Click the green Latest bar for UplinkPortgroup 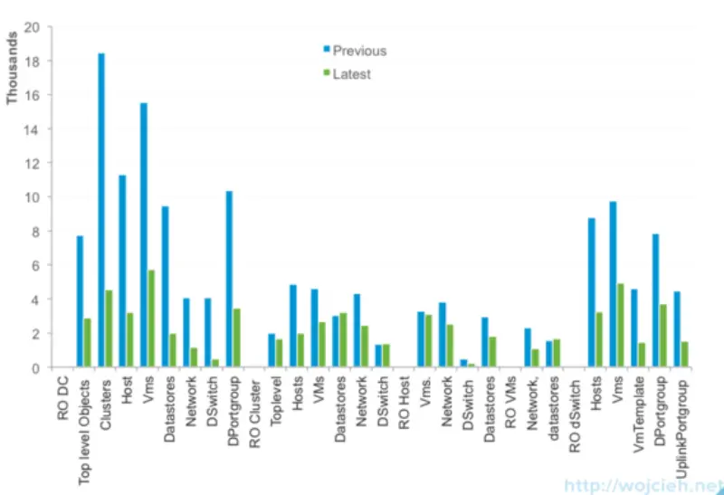tap(685, 354)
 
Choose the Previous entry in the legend tap(358, 51)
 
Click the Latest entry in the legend tap(351, 74)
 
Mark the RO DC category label tap(61, 398)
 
